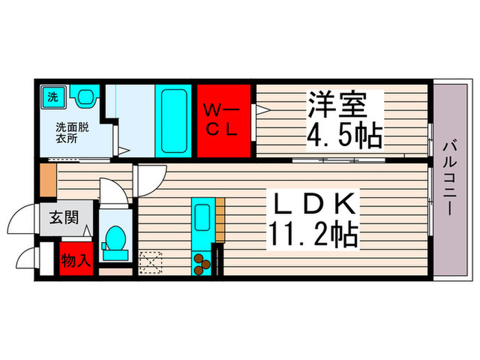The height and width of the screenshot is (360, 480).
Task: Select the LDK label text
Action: coord(315,206)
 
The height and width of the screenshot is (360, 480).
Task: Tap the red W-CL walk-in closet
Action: coord(225,121)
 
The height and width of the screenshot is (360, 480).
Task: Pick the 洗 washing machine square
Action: coord(52,97)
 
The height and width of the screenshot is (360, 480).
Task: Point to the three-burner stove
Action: coord(203,264)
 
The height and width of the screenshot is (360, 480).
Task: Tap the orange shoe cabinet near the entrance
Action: coord(47,180)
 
